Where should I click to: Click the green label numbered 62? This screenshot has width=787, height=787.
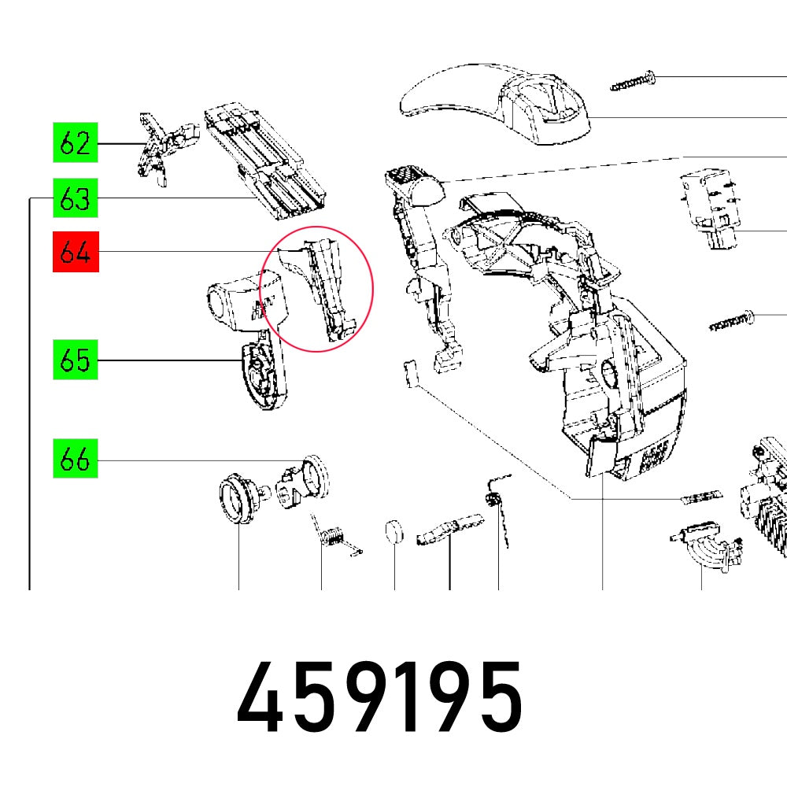[x=76, y=145]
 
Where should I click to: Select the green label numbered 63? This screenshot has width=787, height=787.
[x=76, y=199]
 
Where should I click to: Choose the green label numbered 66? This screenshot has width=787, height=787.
[x=76, y=460]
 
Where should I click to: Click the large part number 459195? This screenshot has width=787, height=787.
[x=380, y=696]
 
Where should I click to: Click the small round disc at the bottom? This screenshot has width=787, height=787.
[x=394, y=533]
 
